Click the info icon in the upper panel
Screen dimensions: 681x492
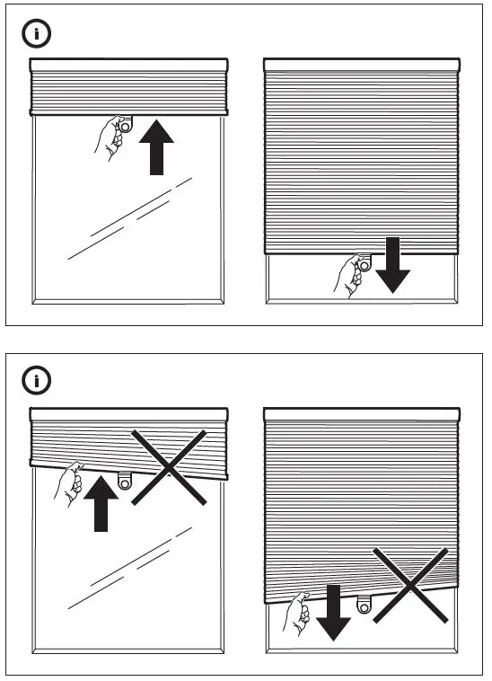(36, 35)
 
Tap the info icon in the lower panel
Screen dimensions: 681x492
(36, 381)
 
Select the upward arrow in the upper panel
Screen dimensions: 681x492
(156, 148)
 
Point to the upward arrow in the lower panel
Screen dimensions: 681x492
(101, 502)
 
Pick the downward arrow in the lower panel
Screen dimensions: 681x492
(332, 612)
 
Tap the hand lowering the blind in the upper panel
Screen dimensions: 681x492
(348, 273)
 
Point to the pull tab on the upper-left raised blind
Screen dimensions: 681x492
(125, 125)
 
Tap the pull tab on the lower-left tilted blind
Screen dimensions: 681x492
(125, 480)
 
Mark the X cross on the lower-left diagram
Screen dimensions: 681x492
(171, 466)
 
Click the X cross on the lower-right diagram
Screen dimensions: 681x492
(410, 586)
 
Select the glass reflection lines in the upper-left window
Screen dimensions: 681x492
(130, 220)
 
